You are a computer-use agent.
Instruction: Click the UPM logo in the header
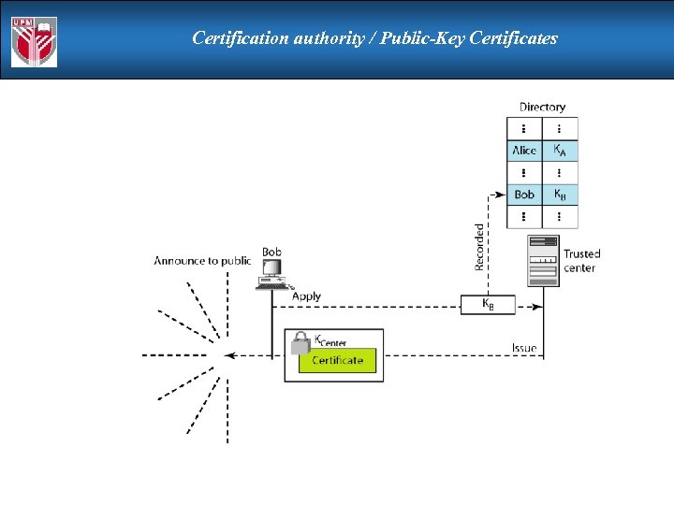pos(34,41)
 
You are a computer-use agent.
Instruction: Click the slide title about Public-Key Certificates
pos(374,38)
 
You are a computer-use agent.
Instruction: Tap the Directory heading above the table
pos(542,107)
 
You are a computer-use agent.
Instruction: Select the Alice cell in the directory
pos(524,150)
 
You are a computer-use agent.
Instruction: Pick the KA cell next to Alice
pos(559,150)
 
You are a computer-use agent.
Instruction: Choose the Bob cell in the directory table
pos(524,195)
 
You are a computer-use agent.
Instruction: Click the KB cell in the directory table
pos(559,195)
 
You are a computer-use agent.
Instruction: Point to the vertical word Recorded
pos(480,246)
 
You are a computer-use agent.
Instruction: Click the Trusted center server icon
pos(544,260)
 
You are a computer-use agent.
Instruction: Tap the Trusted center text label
pos(581,261)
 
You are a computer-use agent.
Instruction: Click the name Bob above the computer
pos(271,252)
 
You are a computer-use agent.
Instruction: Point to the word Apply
pos(306,296)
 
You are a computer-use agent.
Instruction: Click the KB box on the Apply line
pos(487,304)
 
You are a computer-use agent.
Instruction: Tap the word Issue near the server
pos(524,348)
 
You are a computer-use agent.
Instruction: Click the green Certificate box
pos(337,360)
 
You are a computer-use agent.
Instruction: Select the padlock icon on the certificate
pos(300,343)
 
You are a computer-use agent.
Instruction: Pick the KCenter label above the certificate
pos(330,340)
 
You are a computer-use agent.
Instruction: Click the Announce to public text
pos(202,261)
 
